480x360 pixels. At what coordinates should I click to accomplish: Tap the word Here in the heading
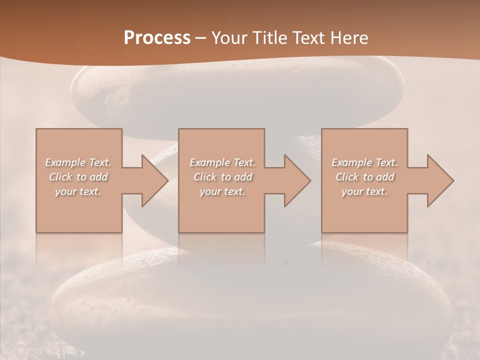pyautogui.click(x=350, y=38)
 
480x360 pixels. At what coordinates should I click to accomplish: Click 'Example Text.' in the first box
pyautogui.click(x=78, y=162)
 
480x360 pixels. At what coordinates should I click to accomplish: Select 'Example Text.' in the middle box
pyautogui.click(x=222, y=162)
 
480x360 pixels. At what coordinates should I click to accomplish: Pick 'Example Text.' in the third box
pyautogui.click(x=364, y=162)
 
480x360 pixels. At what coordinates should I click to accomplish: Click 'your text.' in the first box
pyautogui.click(x=78, y=191)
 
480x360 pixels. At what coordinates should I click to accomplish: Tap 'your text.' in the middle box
pyautogui.click(x=222, y=191)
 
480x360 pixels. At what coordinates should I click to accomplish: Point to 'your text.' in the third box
pyautogui.click(x=364, y=191)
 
